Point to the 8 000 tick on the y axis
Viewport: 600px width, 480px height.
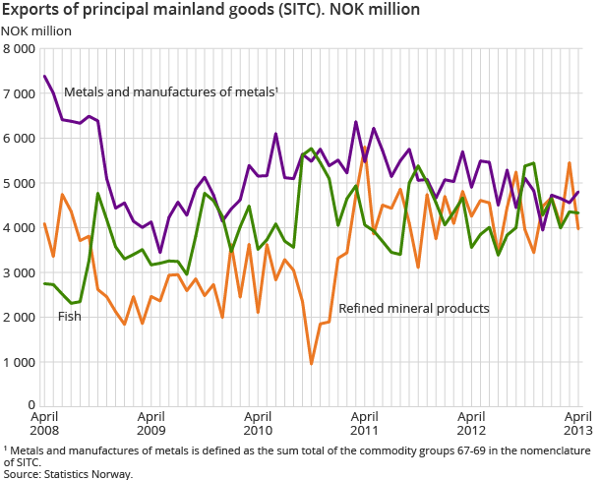pyautogui.click(x=20, y=48)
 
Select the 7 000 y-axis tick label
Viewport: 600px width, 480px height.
pyautogui.click(x=20, y=93)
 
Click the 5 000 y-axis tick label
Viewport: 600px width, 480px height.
pyautogui.click(x=20, y=183)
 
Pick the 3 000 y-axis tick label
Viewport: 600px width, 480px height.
pyautogui.click(x=20, y=272)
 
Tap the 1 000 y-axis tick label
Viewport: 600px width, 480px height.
pyautogui.click(x=20, y=362)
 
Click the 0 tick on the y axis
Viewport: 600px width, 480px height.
pyautogui.click(x=31, y=404)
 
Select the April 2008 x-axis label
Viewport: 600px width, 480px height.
pyautogui.click(x=45, y=422)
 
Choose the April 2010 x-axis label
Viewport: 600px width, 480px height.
pyautogui.click(x=258, y=422)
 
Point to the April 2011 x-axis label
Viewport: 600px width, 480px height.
pyautogui.click(x=364, y=422)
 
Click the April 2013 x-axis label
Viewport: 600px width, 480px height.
pyautogui.click(x=576, y=422)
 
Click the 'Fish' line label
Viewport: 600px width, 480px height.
pyautogui.click(x=70, y=316)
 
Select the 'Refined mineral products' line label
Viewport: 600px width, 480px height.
pyautogui.click(x=414, y=308)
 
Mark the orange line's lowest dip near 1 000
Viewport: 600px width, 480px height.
pyautogui.click(x=312, y=364)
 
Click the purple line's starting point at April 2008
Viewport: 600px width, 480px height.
pyautogui.click(x=45, y=76)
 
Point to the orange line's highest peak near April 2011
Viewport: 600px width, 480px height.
pyautogui.click(x=365, y=147)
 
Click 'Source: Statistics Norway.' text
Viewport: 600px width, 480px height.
pyautogui.click(x=68, y=473)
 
